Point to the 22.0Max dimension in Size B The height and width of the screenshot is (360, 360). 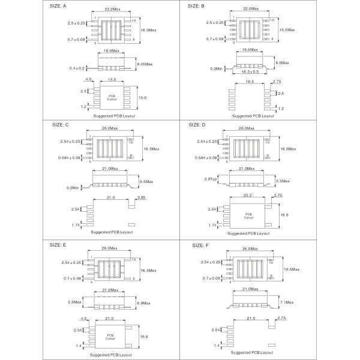[x=251, y=8]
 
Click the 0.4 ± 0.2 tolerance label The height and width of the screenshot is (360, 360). [x=77, y=68]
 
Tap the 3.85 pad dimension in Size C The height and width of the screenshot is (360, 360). [x=142, y=197]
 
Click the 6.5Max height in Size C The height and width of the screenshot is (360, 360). [x=145, y=181]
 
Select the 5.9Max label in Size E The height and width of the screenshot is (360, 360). [x=75, y=302]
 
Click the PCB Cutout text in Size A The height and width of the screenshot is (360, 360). [x=112, y=97]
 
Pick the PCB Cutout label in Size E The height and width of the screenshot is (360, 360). [x=110, y=337]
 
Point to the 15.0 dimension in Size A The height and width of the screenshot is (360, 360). [x=142, y=97]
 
